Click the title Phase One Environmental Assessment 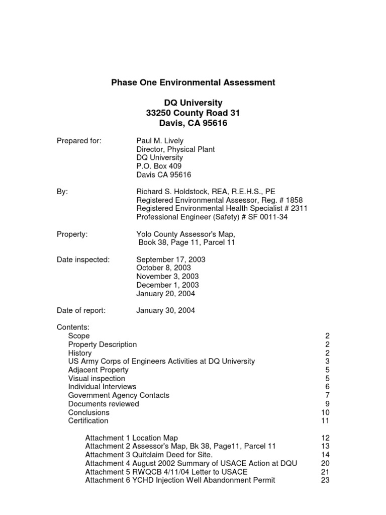(x=193, y=82)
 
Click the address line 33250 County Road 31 (x=193, y=113)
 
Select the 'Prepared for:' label (x=79, y=141)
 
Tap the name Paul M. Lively (x=160, y=141)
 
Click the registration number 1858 (x=293, y=200)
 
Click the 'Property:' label (x=72, y=234)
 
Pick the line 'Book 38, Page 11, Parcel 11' (x=186, y=243)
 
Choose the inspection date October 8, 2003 (x=163, y=268)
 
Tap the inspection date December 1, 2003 (x=167, y=285)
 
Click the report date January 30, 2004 (x=165, y=311)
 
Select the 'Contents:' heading (x=73, y=327)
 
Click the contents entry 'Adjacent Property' (x=98, y=370)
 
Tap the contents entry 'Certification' (x=88, y=420)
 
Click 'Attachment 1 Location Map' (x=131, y=438)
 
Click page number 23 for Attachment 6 (x=324, y=480)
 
